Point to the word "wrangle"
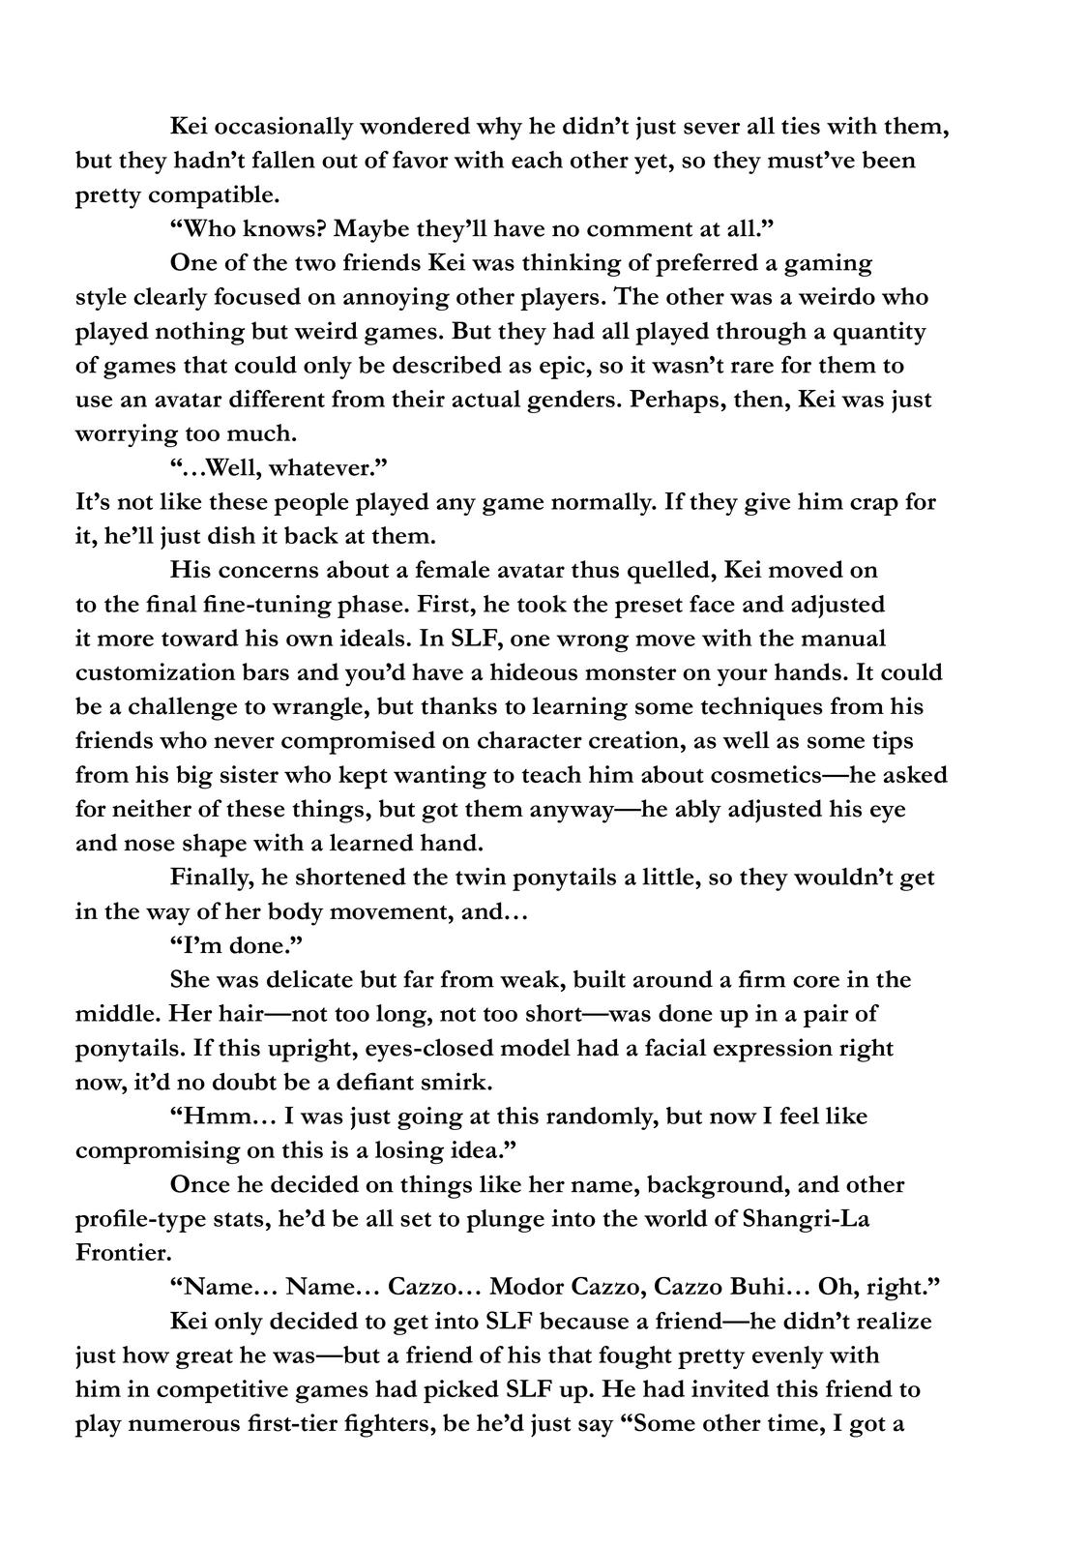(x=307, y=706)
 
